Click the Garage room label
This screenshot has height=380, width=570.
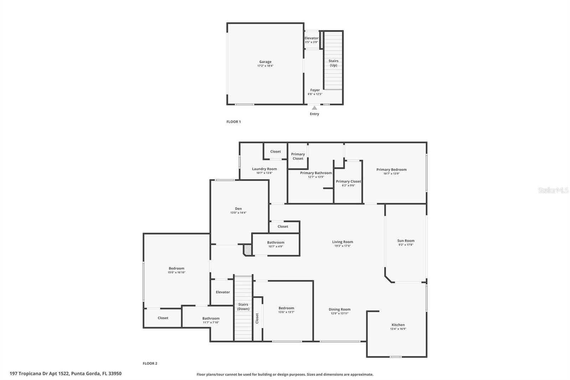click(265, 62)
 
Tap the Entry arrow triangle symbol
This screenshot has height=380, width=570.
click(314, 108)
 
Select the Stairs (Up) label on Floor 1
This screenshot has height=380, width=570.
click(333, 63)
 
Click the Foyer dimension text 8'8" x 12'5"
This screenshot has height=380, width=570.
click(315, 94)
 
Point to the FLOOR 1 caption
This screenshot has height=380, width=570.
click(234, 122)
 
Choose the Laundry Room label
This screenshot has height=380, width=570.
click(264, 169)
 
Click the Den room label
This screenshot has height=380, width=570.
click(238, 209)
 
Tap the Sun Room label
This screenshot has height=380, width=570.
click(406, 241)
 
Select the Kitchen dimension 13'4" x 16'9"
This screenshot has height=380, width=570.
click(398, 329)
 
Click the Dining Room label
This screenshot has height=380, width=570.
click(340, 309)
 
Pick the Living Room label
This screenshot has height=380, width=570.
click(342, 242)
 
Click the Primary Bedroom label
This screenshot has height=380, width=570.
click(391, 170)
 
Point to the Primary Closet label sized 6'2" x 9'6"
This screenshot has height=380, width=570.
click(348, 181)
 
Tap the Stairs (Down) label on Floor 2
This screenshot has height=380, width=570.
click(243, 307)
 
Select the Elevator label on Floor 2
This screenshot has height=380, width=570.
click(223, 292)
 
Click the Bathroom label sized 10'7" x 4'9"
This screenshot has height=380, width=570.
click(276, 242)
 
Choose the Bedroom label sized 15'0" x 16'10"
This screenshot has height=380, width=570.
click(176, 268)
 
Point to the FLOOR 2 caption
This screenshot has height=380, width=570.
click(150, 363)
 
